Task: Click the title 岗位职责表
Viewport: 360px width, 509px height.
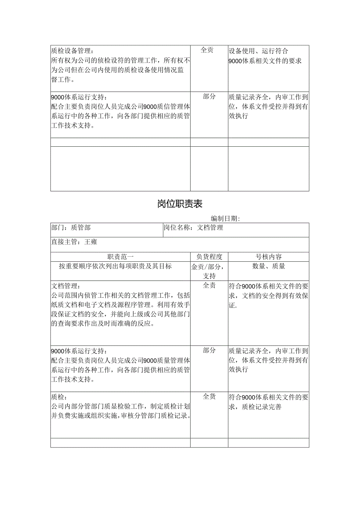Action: (180, 204)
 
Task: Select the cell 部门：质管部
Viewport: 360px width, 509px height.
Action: (71, 228)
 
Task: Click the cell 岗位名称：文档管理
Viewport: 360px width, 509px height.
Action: (193, 228)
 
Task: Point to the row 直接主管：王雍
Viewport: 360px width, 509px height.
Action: (74, 242)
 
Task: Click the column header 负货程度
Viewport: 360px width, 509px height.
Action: (209, 257)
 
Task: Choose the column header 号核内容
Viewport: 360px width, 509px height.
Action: (268, 257)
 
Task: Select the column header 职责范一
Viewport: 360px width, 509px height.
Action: (121, 257)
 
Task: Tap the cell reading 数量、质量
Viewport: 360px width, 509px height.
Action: (268, 266)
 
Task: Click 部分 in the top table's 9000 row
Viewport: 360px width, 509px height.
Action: (209, 97)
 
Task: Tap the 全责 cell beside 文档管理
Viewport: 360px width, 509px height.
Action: (209, 286)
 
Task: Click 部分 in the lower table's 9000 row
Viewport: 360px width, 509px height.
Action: (209, 351)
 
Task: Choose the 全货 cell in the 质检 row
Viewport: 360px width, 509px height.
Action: (209, 397)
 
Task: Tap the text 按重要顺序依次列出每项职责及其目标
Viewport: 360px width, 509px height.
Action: (115, 266)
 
